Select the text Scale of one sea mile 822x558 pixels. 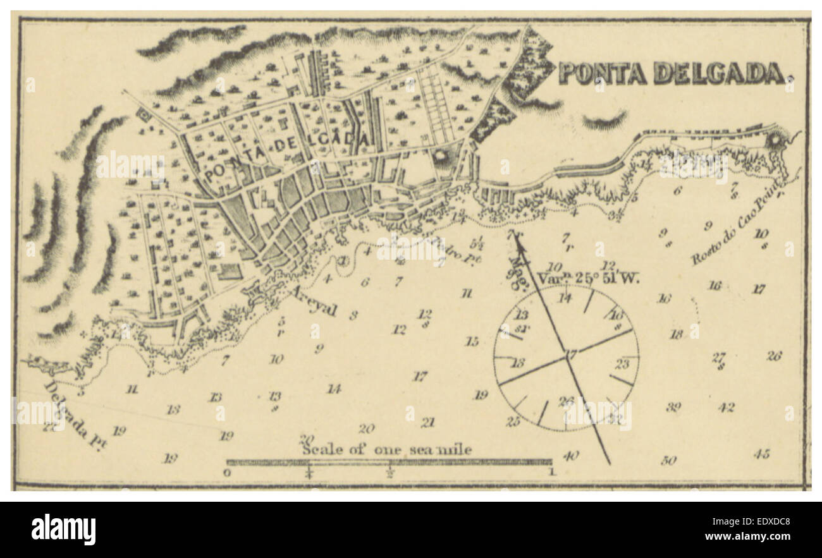coord(386,449)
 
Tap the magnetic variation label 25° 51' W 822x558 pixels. coord(588,276)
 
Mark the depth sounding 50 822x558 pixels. coord(668,460)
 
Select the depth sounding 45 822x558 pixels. coord(761,453)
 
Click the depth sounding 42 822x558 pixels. coord(726,408)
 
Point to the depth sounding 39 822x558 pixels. coord(673,407)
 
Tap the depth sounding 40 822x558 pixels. coord(570,455)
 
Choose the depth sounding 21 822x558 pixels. coord(428,422)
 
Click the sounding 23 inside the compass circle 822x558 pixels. coord(622,363)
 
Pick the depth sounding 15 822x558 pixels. coord(472,342)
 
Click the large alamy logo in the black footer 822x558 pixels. coord(63,530)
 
